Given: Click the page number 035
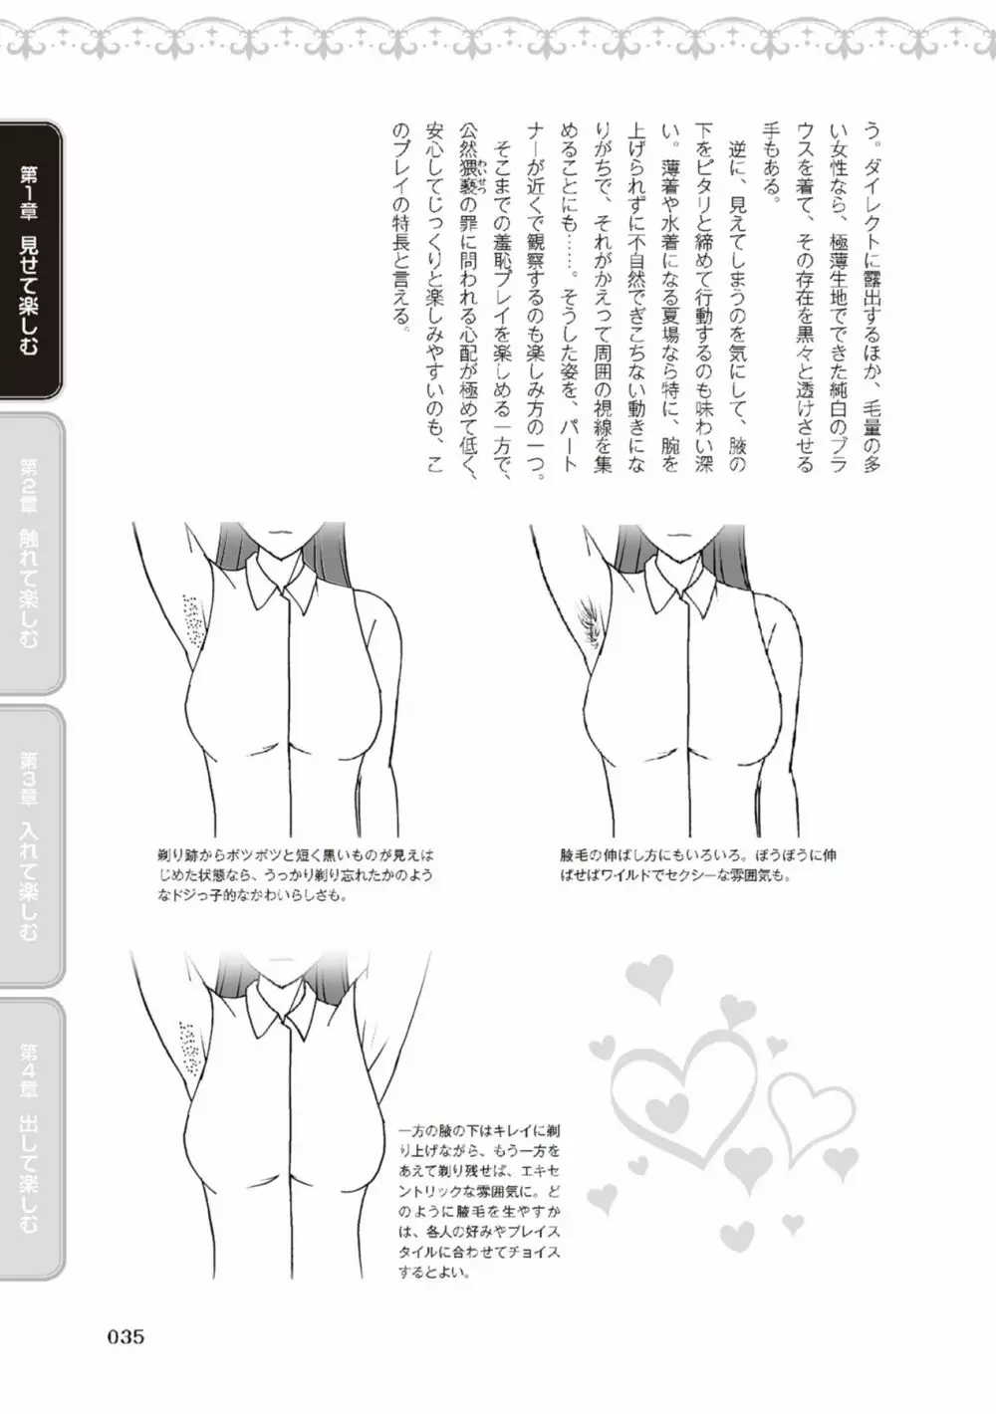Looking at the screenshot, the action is [126, 1337].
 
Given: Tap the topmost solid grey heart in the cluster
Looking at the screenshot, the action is [648, 974].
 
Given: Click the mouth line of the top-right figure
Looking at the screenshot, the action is [679, 533].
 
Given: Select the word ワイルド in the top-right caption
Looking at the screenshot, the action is [626, 876].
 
